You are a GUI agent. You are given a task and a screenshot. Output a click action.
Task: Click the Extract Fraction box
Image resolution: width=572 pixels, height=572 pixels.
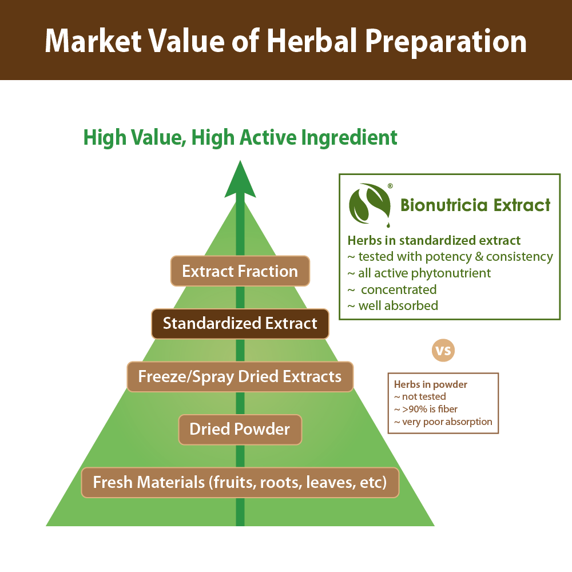click(x=240, y=271)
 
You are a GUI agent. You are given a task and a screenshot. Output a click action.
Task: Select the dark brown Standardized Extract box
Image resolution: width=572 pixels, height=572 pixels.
click(x=240, y=324)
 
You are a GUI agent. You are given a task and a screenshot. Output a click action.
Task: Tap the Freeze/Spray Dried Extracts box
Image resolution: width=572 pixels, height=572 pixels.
click(x=240, y=376)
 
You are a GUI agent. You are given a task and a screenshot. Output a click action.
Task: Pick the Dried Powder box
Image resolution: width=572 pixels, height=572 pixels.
click(x=240, y=430)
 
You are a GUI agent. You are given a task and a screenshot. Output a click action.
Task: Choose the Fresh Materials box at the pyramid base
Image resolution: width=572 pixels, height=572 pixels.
click(x=240, y=482)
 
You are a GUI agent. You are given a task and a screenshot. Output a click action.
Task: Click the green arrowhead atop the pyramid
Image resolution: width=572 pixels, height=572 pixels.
click(x=240, y=180)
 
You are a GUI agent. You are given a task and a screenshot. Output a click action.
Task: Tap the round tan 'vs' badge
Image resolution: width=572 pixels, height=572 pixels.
click(x=443, y=351)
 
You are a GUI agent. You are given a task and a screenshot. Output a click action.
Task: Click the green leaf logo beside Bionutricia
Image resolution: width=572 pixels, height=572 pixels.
click(x=370, y=204)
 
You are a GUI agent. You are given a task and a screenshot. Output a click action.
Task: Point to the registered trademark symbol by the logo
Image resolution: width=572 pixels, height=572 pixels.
click(x=390, y=186)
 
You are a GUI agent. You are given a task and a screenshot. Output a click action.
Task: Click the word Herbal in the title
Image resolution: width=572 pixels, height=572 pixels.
click(x=312, y=41)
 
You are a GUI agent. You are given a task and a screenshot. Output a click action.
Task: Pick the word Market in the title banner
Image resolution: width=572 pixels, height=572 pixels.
click(x=93, y=41)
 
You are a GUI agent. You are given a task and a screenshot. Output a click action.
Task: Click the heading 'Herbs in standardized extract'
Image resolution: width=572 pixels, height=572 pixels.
click(x=434, y=240)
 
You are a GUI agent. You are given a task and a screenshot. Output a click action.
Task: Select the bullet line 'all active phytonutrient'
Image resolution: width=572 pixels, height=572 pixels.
click(x=419, y=273)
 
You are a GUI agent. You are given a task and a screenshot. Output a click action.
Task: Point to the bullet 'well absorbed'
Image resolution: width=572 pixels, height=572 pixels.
click(x=393, y=305)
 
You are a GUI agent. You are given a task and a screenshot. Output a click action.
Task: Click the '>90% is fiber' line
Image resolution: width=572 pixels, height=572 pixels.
click(x=426, y=410)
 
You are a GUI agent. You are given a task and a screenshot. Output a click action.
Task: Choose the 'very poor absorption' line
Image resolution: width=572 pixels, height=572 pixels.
click(x=443, y=422)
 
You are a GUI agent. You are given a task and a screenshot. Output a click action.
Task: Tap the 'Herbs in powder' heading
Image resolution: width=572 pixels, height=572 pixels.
click(x=431, y=384)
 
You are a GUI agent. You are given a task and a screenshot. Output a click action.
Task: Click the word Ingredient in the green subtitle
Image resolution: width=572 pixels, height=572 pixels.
click(x=349, y=138)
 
